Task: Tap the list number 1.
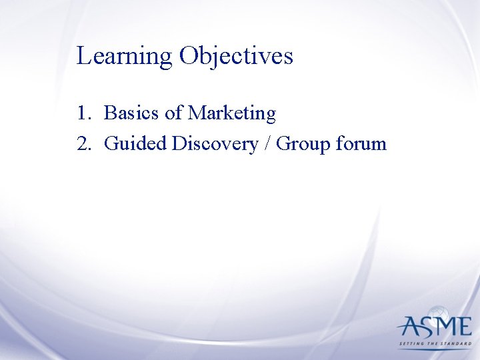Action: coord(83,113)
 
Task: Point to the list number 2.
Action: coord(83,143)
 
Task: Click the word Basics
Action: coord(132,113)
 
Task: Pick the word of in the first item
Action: coord(173,113)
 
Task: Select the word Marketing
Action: coord(231,114)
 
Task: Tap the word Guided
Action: coord(135,143)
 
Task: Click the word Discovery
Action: coord(215,144)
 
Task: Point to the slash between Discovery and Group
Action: coord(267,143)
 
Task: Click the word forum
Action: coord(361,143)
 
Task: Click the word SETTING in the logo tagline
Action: coord(411,343)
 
